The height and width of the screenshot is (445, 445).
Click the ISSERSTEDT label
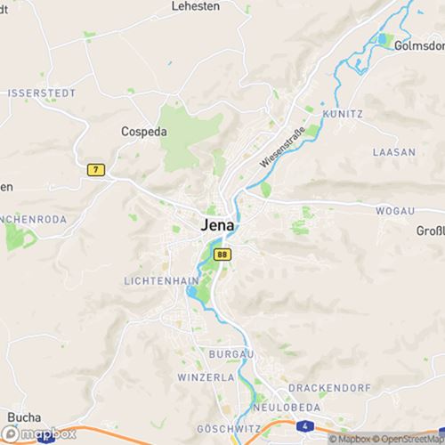41,93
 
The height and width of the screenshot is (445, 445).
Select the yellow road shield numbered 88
222,255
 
